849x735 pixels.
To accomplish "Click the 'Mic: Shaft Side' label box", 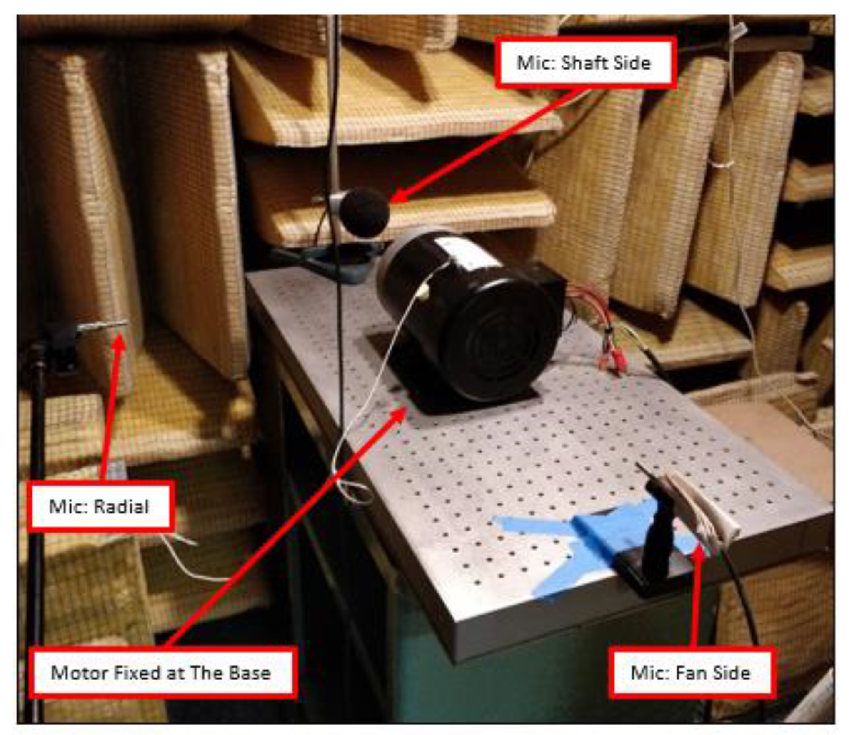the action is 585,63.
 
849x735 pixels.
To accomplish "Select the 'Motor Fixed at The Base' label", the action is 163,673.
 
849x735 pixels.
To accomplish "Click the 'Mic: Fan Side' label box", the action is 691,673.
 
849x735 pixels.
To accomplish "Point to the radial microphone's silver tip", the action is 102,326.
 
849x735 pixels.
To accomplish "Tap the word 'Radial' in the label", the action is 121,506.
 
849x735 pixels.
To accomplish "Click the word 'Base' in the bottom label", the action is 249,673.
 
